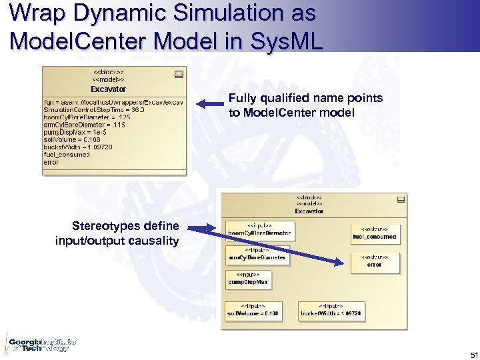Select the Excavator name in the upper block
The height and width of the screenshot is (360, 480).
108,89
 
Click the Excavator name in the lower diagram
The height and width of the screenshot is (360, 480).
309,211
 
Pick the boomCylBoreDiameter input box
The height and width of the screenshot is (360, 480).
259,230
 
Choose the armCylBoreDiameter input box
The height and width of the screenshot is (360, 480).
257,255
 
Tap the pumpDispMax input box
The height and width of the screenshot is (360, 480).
248,279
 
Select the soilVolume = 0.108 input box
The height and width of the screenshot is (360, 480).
253,310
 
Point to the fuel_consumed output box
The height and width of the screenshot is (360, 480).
374,233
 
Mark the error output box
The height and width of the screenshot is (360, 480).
374,261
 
